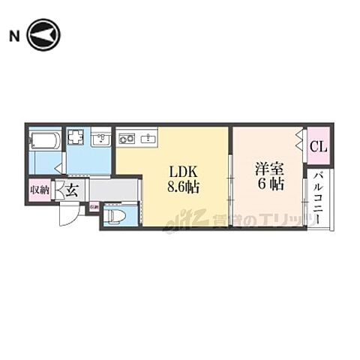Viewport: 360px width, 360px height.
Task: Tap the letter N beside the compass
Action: coord(15,34)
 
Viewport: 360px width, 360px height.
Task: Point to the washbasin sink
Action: coord(101,139)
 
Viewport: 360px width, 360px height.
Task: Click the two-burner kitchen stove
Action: coord(127,137)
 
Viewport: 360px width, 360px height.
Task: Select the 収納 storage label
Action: coord(39,190)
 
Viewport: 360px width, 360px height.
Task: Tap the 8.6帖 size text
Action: coord(184,187)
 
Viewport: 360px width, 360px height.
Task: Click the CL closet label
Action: coord(317,147)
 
